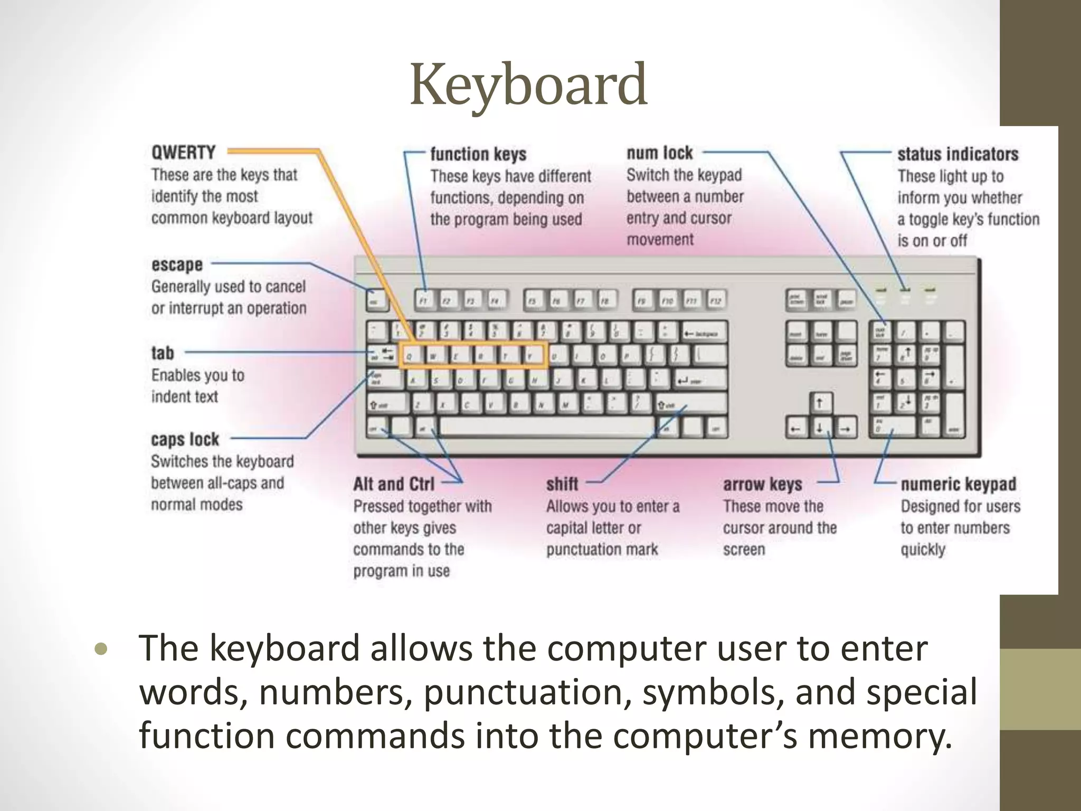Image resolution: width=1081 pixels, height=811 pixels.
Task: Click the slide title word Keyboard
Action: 528,85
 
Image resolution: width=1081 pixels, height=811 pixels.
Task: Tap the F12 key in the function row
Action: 716,300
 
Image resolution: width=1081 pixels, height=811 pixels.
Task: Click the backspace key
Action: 704,333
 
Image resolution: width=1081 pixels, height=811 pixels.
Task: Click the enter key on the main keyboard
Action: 700,380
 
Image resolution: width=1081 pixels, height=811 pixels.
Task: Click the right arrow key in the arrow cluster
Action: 845,428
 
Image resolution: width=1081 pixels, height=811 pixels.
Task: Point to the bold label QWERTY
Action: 183,153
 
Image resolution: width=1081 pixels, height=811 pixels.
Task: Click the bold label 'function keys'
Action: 478,154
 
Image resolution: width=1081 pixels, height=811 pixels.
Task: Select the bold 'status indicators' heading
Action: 957,154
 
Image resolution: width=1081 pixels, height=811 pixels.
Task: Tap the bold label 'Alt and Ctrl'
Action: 394,484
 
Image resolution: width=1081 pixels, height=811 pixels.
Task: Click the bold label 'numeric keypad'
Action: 958,484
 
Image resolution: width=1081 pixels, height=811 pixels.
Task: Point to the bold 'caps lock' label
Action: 185,439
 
